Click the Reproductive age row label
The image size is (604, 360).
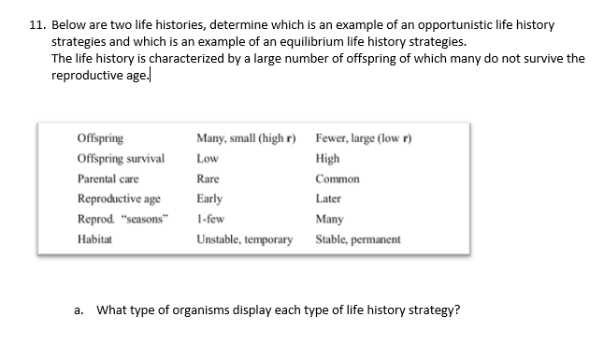[x=118, y=198]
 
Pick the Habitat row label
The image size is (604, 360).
[x=94, y=239]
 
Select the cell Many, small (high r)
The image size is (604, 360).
[x=246, y=137]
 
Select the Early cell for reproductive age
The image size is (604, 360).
[x=209, y=198]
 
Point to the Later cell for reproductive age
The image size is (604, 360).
[x=329, y=198]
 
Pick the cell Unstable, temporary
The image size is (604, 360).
[x=244, y=239]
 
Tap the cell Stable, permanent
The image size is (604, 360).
[x=358, y=239]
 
